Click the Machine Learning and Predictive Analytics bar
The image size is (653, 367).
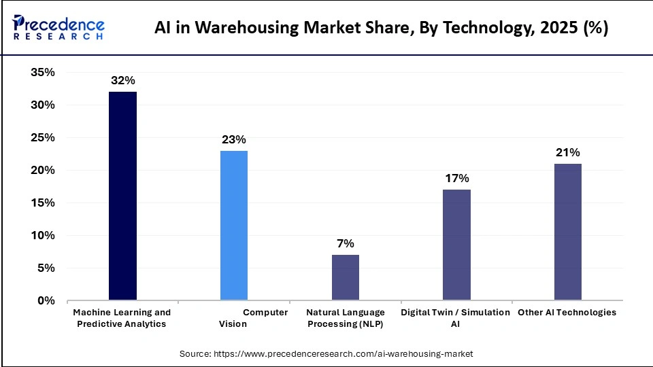[x=122, y=196]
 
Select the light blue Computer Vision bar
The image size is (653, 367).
[x=234, y=225]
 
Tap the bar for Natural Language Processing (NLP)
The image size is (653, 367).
[x=345, y=277]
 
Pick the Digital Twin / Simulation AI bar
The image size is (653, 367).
[x=456, y=245]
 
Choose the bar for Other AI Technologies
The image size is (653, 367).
[x=567, y=232]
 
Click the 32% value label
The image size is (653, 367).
[x=122, y=80]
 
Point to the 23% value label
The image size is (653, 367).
[x=234, y=139]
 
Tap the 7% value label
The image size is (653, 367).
[x=345, y=243]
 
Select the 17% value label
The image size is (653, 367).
[x=456, y=178]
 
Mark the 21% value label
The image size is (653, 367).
[x=567, y=152]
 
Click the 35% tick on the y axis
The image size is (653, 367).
[x=43, y=73]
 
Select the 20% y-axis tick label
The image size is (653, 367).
[x=43, y=171]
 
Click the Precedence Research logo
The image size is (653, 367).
[x=58, y=28]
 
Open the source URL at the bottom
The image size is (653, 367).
[x=326, y=354]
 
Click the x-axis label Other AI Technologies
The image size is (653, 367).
[x=567, y=313]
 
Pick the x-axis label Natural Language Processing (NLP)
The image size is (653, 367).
[x=345, y=318]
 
